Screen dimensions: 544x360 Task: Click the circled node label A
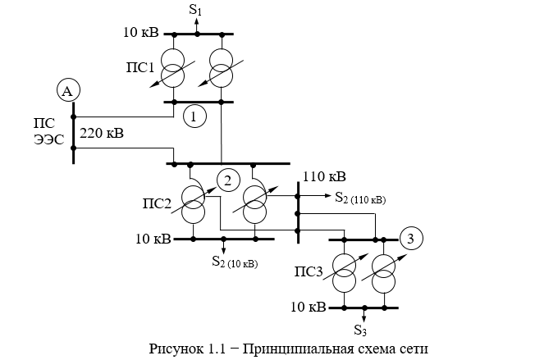(68, 90)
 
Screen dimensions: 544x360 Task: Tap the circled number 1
(194, 116)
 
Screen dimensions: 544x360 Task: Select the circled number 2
(228, 180)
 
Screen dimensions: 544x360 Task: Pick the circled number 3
(411, 239)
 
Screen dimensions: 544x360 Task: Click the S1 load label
(195, 9)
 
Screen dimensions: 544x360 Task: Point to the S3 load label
(360, 330)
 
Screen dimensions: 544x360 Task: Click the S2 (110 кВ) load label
(360, 198)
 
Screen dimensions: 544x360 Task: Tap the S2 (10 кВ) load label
(235, 262)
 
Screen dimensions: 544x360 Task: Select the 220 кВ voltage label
(102, 133)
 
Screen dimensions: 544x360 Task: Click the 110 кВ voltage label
(324, 176)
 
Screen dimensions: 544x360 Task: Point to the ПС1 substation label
(139, 67)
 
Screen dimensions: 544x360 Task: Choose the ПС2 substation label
(157, 203)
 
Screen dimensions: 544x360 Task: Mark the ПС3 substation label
(309, 271)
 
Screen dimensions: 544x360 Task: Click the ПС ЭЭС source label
(49, 131)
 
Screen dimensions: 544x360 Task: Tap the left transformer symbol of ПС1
(173, 68)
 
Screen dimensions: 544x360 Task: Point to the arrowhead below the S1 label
(197, 21)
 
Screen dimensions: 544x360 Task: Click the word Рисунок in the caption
(176, 349)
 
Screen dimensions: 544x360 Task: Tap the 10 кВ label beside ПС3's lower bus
(309, 307)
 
